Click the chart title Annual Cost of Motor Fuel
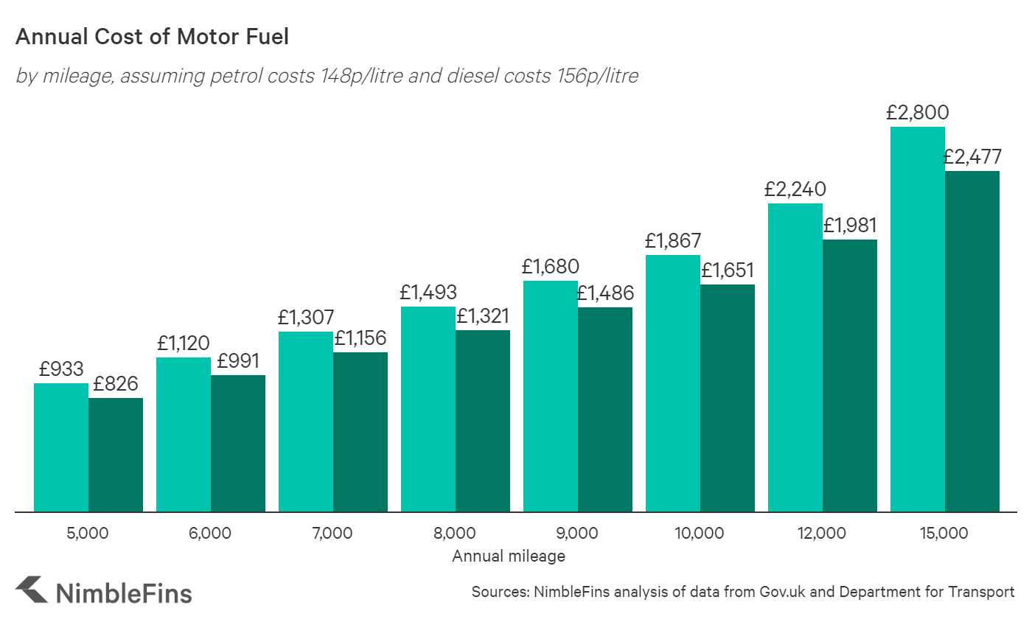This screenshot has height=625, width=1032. click(x=152, y=37)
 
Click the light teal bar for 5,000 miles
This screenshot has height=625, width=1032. click(x=61, y=447)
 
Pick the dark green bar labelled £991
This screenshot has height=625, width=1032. click(x=237, y=443)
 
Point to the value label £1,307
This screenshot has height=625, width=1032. click(x=306, y=318)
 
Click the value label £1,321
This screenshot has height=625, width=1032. click(x=483, y=317)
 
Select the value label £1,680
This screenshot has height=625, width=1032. click(x=551, y=266)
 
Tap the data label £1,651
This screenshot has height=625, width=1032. click(x=728, y=270)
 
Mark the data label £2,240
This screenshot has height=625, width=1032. click(x=795, y=189)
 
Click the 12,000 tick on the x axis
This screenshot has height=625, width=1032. click(x=822, y=533)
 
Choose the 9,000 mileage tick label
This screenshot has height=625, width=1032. click(x=577, y=533)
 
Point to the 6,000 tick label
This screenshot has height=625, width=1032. click(x=210, y=533)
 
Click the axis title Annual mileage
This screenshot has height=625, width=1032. click(x=509, y=556)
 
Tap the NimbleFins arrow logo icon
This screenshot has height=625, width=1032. click(x=32, y=591)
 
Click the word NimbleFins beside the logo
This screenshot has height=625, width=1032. click(x=124, y=593)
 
